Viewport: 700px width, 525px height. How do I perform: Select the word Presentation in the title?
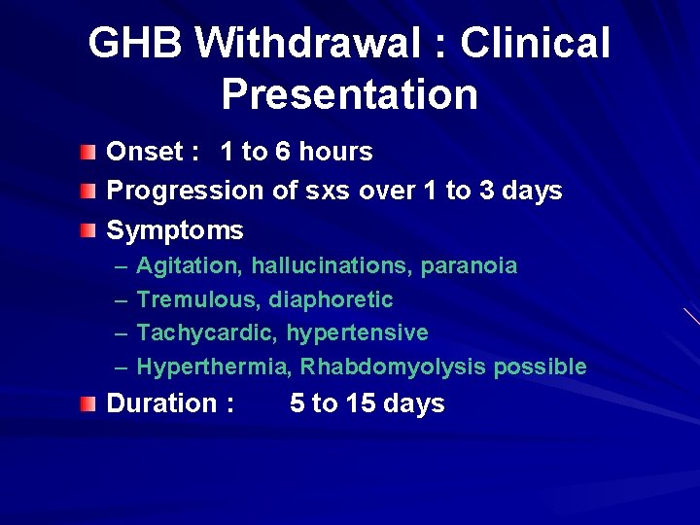tap(349, 95)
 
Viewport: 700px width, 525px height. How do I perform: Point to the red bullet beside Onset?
tap(88, 153)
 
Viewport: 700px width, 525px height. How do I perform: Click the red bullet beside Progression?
tap(88, 192)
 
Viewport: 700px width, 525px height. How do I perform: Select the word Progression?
tap(184, 192)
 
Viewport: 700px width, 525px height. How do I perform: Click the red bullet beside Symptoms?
tap(88, 231)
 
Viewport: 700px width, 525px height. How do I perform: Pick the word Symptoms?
tap(175, 231)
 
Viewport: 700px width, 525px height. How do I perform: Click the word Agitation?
tap(190, 265)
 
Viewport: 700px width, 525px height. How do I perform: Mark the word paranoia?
tap(473, 265)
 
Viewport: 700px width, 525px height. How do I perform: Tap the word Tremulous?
tap(198, 299)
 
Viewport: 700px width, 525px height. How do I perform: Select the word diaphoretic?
tap(331, 299)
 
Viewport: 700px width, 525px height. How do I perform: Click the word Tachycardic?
tap(207, 333)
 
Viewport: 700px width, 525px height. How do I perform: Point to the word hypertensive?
tap(357, 333)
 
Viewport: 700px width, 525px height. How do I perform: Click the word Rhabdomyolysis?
tap(393, 367)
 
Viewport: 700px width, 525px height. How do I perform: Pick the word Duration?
tap(161, 403)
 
